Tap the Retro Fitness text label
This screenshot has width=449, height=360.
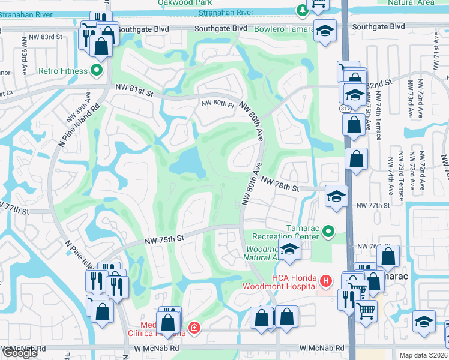[x=64, y=71]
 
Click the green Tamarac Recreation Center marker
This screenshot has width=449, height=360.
[x=328, y=231]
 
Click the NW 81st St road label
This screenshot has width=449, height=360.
[x=131, y=92]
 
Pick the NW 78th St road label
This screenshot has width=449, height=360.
[x=280, y=187]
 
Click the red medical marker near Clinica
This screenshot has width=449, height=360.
[x=194, y=327]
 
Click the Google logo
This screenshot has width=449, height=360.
[x=20, y=353]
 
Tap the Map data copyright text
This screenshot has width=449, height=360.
[x=423, y=355]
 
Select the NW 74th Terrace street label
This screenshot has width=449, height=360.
[x=377, y=120]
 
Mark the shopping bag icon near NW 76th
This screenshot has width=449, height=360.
[x=389, y=256]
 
